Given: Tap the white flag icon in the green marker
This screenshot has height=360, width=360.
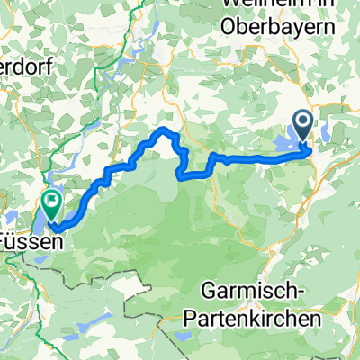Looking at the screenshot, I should [52, 202].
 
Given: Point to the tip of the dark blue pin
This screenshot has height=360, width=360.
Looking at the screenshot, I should [302, 142].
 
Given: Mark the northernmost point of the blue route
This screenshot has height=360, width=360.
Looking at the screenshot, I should [163, 130].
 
